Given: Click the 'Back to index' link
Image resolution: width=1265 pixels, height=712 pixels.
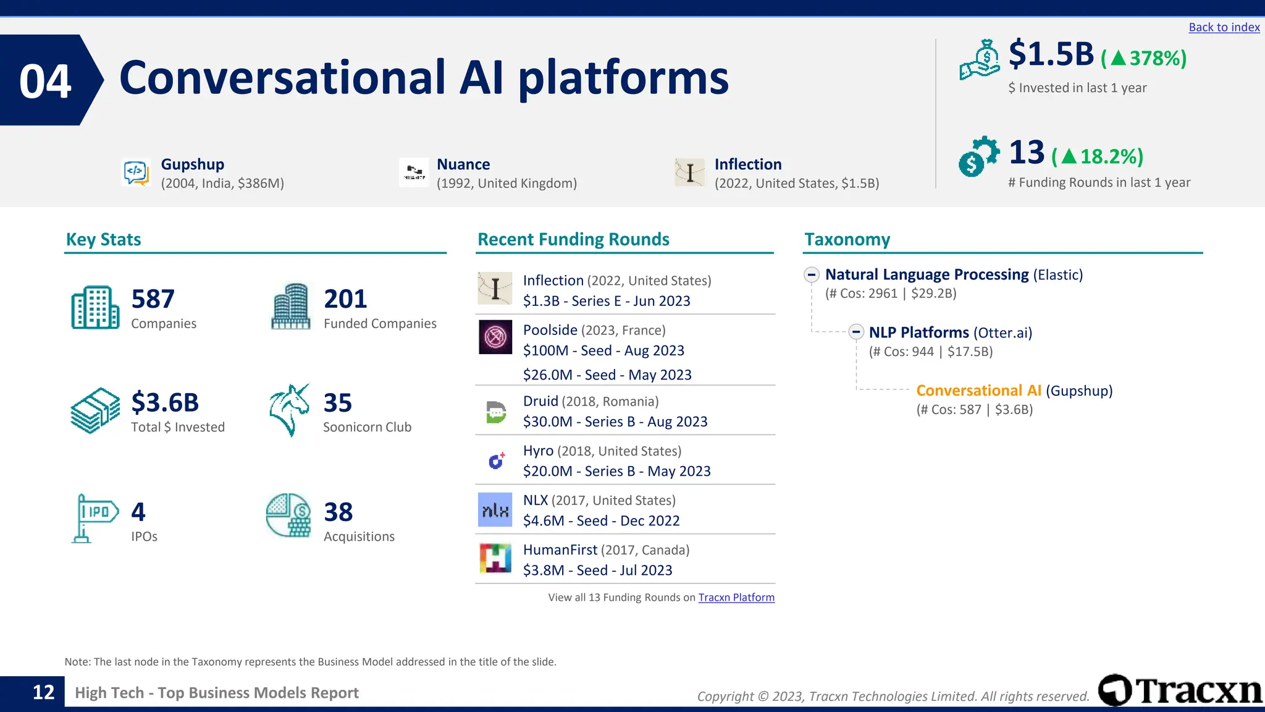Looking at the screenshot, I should [1224, 27].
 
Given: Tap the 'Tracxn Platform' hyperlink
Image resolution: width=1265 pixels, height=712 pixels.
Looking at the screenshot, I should [736, 597].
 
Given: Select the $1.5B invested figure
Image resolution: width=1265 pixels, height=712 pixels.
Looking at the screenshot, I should [1051, 54].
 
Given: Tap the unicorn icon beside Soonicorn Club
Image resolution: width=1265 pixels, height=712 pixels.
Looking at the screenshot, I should [290, 410].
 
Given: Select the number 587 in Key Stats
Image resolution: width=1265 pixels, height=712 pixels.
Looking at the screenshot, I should [153, 299].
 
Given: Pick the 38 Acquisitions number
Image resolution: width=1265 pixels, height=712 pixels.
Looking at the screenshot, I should [338, 512].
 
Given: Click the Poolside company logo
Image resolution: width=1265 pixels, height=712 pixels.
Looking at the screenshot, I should [495, 337].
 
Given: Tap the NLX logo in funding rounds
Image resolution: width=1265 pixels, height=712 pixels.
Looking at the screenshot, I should [495, 510].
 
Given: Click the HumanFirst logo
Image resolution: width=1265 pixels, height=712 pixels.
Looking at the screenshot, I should [495, 558].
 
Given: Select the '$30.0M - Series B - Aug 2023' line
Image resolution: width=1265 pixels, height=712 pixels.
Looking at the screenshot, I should [615, 422].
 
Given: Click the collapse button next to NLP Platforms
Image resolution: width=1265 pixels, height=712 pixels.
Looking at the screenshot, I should [856, 333].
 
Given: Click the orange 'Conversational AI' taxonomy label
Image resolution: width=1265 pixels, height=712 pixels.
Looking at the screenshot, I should [978, 391].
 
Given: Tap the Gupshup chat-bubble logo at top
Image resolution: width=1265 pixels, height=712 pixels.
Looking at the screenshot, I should [136, 172].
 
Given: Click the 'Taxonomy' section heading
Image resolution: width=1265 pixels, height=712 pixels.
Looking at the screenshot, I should [847, 239].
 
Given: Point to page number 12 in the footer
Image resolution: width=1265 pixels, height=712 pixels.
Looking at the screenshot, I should [43, 692].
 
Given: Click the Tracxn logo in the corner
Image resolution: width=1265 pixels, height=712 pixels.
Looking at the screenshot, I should [1180, 690].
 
